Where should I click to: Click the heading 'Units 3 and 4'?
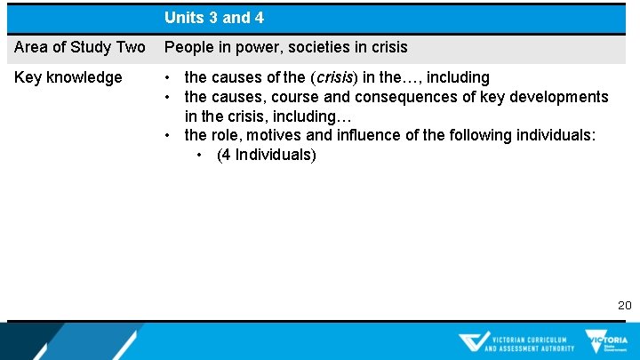click(x=213, y=18)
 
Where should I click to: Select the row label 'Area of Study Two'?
click(x=80, y=47)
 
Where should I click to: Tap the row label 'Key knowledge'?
click(x=68, y=77)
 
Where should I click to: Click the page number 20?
click(x=625, y=305)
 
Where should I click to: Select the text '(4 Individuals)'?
click(x=266, y=155)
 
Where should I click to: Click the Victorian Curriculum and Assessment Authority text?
click(x=530, y=343)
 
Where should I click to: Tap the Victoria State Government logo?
click(x=606, y=341)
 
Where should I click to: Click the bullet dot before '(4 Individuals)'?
click(x=205, y=156)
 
